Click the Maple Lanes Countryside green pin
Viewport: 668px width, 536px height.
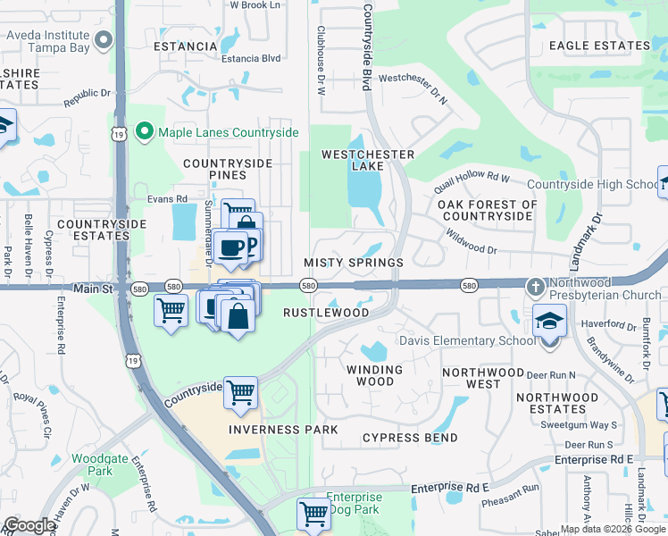(145, 133)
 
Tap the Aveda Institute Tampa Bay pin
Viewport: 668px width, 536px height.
(105, 39)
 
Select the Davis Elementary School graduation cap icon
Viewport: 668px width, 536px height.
(549, 322)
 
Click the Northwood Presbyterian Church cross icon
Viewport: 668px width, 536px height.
(534, 288)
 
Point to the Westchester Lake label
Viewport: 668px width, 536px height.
(368, 160)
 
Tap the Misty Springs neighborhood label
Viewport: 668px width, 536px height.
(354, 263)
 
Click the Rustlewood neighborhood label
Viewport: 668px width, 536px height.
(326, 313)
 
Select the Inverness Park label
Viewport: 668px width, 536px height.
(283, 430)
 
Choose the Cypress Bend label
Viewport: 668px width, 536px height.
(410, 438)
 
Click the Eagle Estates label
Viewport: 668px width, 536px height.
(599, 46)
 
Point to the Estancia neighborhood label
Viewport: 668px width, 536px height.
(186, 46)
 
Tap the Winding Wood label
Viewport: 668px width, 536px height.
(374, 375)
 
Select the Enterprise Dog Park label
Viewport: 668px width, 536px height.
(354, 503)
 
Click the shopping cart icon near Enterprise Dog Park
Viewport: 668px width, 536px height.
(313, 515)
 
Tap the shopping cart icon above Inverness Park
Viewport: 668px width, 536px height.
(241, 392)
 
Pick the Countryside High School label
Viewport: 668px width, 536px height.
(592, 185)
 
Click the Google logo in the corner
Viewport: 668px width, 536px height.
(29, 526)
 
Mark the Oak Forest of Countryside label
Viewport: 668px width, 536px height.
(488, 210)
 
